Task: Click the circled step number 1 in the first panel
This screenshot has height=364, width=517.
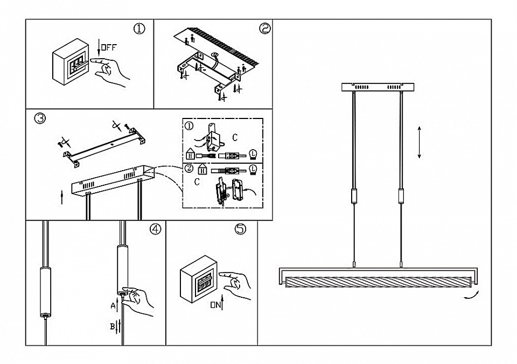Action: pos(139,29)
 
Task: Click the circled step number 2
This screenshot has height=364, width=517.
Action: pos(264,29)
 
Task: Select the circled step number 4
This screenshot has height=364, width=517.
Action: pos(155,229)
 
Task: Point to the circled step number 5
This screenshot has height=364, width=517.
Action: pos(240,229)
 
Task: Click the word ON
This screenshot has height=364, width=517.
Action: pos(215,305)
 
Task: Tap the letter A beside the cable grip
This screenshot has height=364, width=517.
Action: pos(113,305)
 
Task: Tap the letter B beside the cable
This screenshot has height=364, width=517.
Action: pos(113,325)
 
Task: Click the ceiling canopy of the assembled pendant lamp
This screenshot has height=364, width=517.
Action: pos(377,87)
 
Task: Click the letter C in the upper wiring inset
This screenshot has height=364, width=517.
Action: pos(235,138)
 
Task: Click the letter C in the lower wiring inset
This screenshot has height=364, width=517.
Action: pos(197,182)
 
